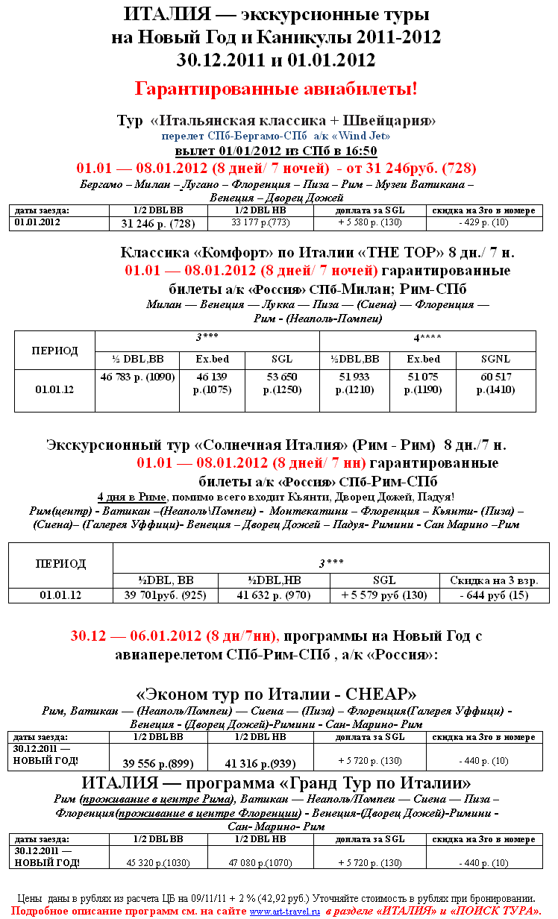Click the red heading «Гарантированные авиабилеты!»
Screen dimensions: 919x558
click(276, 89)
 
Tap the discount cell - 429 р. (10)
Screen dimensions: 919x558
click(484, 222)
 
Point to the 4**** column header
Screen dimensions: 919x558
click(427, 338)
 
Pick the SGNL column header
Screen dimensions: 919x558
click(495, 359)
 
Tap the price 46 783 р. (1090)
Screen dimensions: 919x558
click(137, 377)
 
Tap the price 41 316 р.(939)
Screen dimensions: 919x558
click(261, 763)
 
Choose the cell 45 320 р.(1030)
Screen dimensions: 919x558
click(158, 863)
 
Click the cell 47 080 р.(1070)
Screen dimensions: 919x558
click(261, 863)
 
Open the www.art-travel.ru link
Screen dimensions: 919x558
click(284, 911)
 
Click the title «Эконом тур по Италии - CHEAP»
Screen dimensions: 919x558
click(276, 694)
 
